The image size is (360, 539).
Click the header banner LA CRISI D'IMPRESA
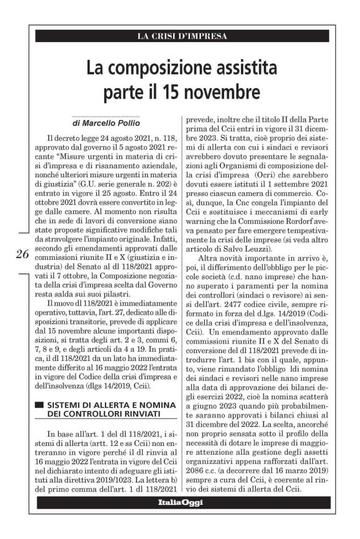(182, 36)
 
